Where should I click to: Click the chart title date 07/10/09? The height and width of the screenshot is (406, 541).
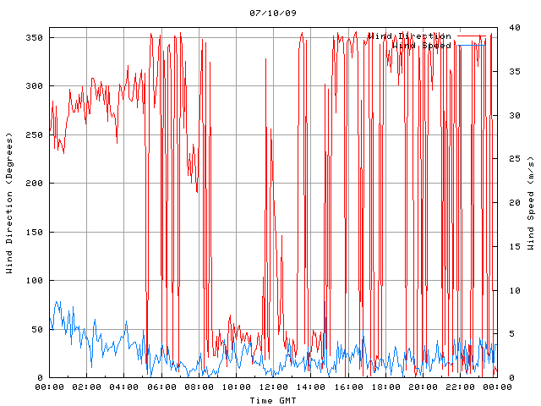tap(273, 14)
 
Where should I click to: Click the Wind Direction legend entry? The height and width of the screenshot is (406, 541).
tap(409, 36)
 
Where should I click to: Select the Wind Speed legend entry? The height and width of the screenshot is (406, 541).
tap(421, 45)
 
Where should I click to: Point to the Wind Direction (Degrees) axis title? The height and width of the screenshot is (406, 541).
tap(9, 203)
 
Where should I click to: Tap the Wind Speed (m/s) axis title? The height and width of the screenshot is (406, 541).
tap(530, 203)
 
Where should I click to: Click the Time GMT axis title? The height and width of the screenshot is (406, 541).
tap(273, 399)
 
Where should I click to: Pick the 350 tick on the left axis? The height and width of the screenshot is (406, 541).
tap(34, 38)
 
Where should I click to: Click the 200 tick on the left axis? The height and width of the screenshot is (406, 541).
tap(34, 184)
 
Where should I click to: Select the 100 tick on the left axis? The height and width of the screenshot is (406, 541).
tap(34, 281)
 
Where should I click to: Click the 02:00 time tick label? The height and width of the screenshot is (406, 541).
tap(87, 387)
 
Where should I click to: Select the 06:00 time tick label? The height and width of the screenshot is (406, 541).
tap(161, 387)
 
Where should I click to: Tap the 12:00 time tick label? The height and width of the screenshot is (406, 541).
tap(273, 387)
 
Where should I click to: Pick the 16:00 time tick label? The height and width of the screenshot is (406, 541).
tap(347, 387)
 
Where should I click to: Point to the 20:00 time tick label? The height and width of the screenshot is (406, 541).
tap(422, 387)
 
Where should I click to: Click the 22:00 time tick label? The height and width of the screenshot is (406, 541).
tap(459, 387)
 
